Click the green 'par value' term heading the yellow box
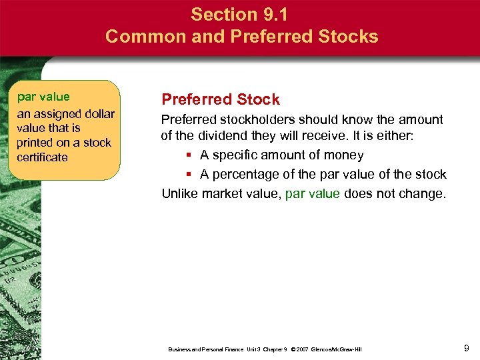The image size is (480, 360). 43,97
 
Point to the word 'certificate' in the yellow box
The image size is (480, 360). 43,157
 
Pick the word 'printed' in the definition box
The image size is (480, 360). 36,143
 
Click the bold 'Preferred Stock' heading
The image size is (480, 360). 221,100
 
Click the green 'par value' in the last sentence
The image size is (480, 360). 312,194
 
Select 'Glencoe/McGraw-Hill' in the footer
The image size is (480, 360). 337,349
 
